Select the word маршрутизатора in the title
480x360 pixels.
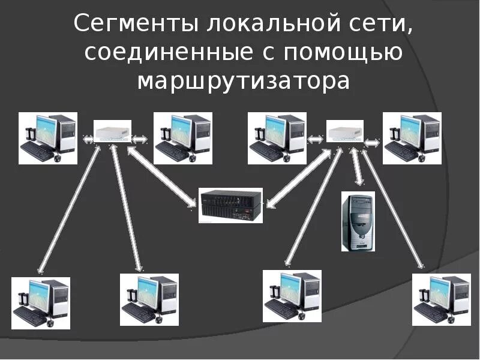pos(243,80)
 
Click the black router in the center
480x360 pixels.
pos(230,205)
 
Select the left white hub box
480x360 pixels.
pos(113,130)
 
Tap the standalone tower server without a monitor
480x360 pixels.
pos(358,221)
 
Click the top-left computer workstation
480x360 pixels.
pos(48,138)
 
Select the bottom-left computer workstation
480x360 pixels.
pos(41,303)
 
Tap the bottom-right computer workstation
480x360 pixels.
pos(441,300)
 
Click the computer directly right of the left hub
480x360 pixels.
pos(183,138)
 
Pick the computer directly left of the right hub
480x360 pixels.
pos(278,138)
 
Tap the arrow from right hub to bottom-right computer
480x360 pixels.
pos(394,207)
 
